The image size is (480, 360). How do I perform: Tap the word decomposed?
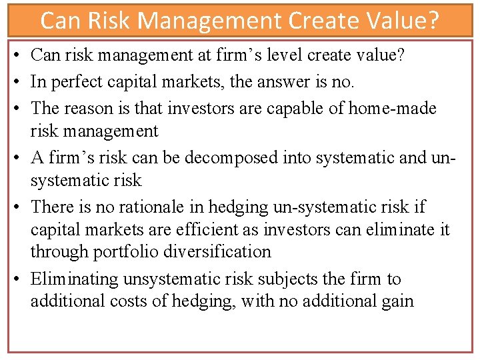214,157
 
